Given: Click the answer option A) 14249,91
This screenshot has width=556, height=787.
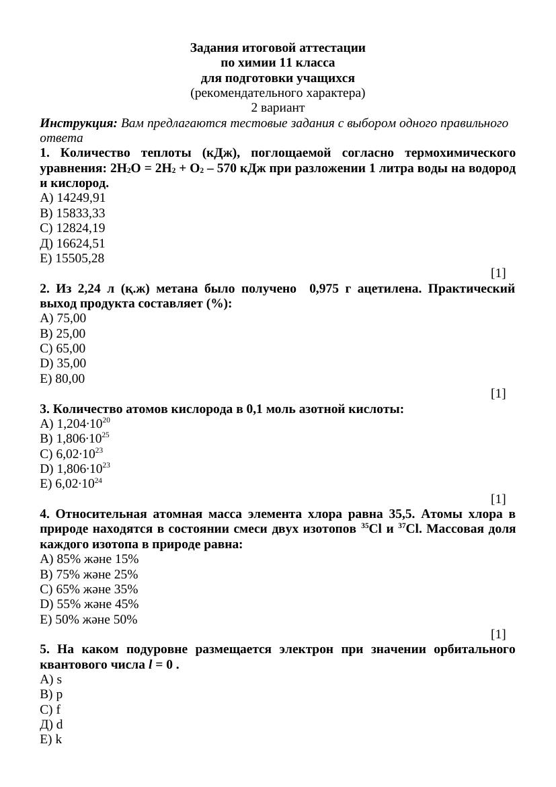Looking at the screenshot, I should pos(73,198).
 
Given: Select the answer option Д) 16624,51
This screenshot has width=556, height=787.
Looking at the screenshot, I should pos(73,243).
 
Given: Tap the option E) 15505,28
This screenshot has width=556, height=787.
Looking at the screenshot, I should pos(72,258).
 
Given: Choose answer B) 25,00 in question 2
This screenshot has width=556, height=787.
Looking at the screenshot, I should pos(63,334).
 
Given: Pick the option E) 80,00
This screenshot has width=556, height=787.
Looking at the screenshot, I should pos(63,379).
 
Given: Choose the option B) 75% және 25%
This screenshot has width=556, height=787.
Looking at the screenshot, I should pos(89,574).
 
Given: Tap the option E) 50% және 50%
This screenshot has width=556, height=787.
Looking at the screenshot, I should pos(89,620).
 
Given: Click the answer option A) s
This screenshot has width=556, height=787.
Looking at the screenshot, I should pos(51,679).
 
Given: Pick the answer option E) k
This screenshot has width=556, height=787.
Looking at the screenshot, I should pos(51,739).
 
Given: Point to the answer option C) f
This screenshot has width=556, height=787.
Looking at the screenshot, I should pos(50,710).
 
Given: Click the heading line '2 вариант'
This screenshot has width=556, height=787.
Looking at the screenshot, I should pos(278,108).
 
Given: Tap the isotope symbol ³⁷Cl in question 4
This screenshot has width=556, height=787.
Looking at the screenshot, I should pos(410,529).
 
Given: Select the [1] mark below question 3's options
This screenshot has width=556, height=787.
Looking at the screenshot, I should pos(498,498).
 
